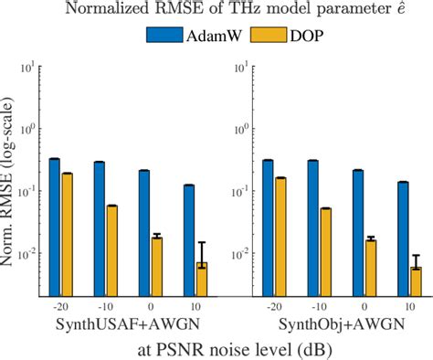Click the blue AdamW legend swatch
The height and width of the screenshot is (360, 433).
click(164, 38)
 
